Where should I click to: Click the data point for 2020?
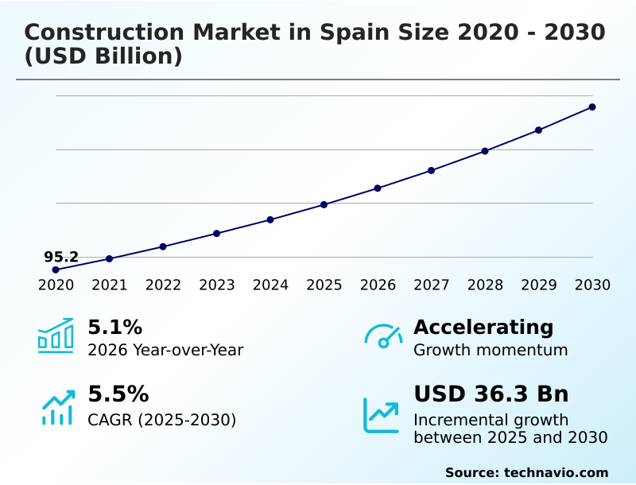[56, 270]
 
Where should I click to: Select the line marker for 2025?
[324, 204]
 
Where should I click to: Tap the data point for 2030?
[592, 107]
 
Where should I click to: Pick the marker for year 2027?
[431, 170]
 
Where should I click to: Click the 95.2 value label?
[61, 257]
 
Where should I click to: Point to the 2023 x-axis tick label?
[216, 285]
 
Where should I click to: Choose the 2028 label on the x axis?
[485, 285]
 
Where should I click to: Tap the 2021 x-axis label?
[109, 285]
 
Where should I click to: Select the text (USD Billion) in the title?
[103, 57]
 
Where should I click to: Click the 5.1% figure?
[114, 327]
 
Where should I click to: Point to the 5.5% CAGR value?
[118, 394]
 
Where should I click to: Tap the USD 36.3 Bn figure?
[491, 394]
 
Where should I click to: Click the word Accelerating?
[483, 327]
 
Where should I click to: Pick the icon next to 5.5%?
[57, 407]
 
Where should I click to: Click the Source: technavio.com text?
[526, 472]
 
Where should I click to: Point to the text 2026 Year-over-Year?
[165, 350]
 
